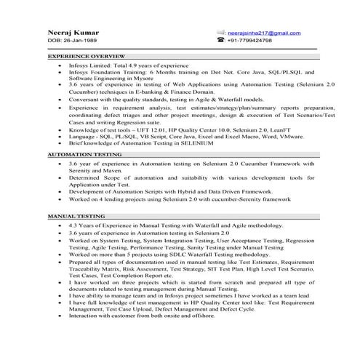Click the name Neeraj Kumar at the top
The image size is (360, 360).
[x=71, y=33]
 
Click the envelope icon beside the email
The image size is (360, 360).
[x=220, y=33]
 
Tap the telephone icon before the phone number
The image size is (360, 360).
[x=220, y=41]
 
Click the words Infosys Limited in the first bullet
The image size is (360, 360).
[x=90, y=65]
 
